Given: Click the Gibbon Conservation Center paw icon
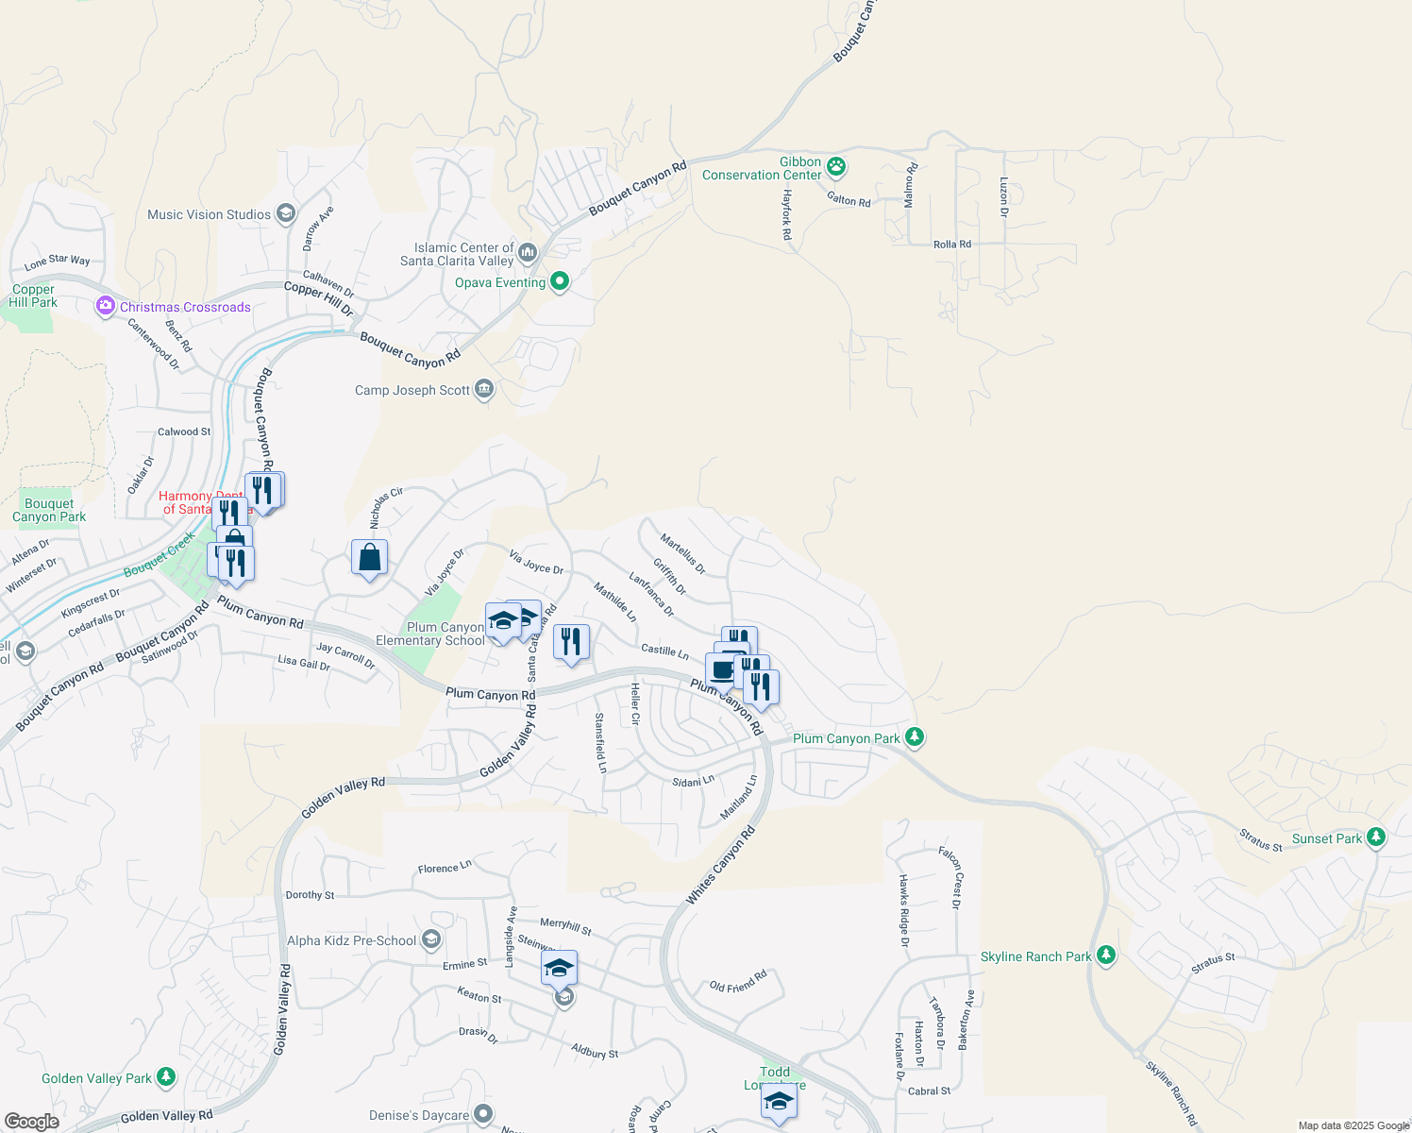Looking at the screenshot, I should pos(836,167).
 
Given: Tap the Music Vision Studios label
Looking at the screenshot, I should pos(209,215).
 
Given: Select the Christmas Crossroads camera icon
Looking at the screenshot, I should pos(105,306).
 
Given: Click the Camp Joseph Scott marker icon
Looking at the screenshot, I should pos(484,389).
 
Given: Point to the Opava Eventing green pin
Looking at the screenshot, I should pos(560,281).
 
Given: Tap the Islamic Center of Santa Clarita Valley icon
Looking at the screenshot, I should pos(528,252).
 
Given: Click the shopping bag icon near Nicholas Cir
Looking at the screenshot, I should pos(369,557).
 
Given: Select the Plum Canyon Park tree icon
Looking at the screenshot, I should pos(914,736).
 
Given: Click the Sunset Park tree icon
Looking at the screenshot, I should pos(1376,837).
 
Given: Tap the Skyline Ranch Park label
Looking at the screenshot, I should pos(1035,956).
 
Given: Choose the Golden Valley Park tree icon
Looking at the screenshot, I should pos(166,1076).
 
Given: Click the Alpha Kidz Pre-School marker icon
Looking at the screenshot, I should pos(431,939).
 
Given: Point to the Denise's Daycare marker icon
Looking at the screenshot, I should pos(483,1115).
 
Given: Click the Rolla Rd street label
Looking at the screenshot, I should pos(951,245).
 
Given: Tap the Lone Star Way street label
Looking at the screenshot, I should pos(58,261).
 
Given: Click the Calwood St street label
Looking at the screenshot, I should pos(184,432).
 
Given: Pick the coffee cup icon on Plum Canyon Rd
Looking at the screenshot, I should pos(722,670).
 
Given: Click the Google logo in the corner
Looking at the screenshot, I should pos(31,1122).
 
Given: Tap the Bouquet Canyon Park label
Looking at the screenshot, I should pos(49,510).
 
